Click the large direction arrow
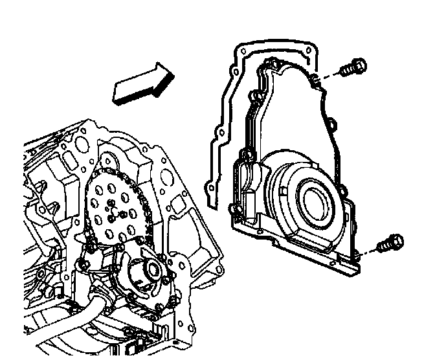[x=142, y=84]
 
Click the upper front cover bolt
[x=352, y=67]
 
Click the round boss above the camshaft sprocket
[x=109, y=161]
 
